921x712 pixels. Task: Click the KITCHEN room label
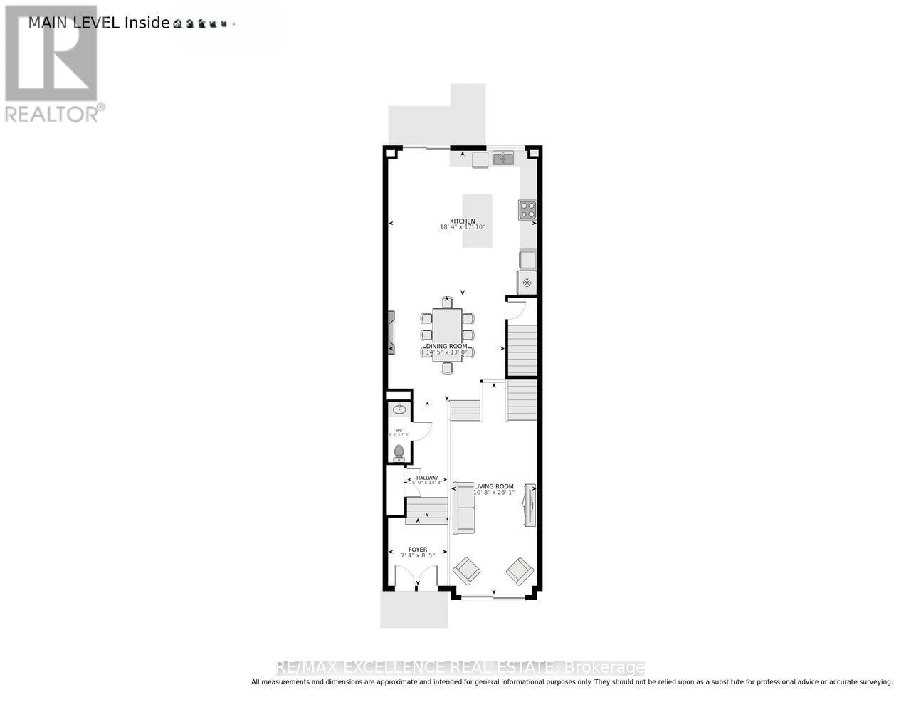(462, 221)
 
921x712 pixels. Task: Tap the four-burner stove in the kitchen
(527, 209)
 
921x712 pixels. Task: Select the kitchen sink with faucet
(503, 157)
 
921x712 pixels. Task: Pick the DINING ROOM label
(447, 346)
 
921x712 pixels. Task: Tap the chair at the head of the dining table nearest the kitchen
(447, 302)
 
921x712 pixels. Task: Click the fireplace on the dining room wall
(390, 333)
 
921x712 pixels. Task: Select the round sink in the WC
(399, 409)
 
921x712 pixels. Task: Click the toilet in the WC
(399, 451)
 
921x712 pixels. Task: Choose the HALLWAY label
(427, 478)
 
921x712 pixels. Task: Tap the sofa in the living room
(465, 508)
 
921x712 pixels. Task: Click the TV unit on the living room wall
(530, 505)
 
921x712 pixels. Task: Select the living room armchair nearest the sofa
(467, 570)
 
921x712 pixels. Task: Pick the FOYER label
(418, 550)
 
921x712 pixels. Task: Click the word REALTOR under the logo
(51, 114)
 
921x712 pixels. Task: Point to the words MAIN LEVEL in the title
(75, 22)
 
